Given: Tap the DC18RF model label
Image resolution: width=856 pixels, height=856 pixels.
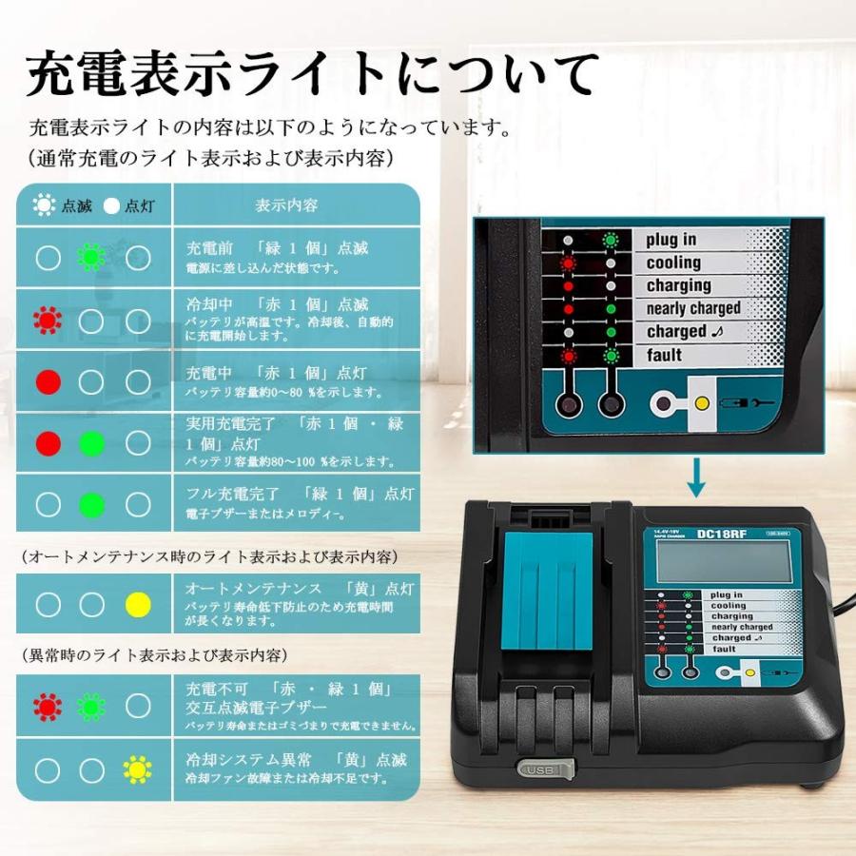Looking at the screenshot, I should pyautogui.click(x=718, y=535).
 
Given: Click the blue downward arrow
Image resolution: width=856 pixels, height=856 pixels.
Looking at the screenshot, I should pyautogui.click(x=697, y=477).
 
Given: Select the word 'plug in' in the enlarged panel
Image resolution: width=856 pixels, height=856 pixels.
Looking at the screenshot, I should pyautogui.click(x=671, y=240).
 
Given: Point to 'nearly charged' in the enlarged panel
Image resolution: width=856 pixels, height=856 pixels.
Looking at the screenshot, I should pyautogui.click(x=693, y=308).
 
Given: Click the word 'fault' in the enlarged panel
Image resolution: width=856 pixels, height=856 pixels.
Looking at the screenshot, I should pyautogui.click(x=665, y=355).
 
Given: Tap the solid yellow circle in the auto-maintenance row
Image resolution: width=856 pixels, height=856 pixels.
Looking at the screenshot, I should pyautogui.click(x=139, y=603).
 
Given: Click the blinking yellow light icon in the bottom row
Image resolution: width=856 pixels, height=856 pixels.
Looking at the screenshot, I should pyautogui.click(x=139, y=769).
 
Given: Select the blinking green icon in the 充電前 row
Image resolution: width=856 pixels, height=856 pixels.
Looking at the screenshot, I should pyautogui.click(x=91, y=257).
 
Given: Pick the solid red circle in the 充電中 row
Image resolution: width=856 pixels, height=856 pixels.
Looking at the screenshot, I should pyautogui.click(x=48, y=382).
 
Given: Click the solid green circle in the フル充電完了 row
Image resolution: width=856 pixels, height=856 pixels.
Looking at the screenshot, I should pyautogui.click(x=91, y=504).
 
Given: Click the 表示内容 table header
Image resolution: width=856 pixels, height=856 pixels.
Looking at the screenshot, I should pyautogui.click(x=287, y=204).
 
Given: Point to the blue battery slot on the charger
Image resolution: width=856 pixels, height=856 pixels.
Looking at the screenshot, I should pyautogui.click(x=548, y=590).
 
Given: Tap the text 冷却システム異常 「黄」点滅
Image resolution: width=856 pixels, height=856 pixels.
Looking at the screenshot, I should pyautogui.click(x=296, y=759).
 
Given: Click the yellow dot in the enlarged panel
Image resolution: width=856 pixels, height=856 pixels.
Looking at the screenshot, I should pyautogui.click(x=702, y=403).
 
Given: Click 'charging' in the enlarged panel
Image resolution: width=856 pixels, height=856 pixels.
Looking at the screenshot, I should pyautogui.click(x=679, y=285).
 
